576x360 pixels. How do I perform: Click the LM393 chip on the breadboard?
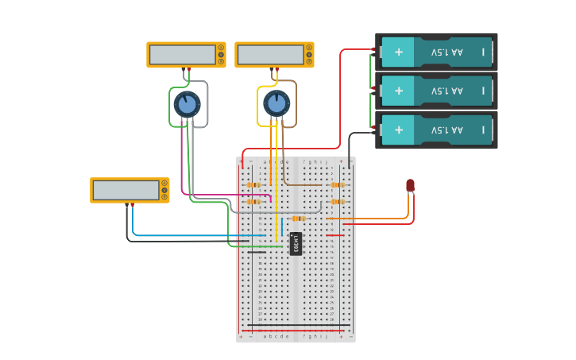(296, 244)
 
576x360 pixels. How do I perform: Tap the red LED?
(410, 186)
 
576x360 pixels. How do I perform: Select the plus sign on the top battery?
(399, 52)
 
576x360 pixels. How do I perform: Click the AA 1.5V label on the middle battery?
(446, 91)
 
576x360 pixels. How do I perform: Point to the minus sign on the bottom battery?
(482, 129)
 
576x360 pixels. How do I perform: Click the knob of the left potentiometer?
(187, 104)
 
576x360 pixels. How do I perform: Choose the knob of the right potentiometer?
(276, 103)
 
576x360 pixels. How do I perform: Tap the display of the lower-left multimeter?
(126, 190)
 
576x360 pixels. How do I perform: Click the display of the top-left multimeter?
(182, 55)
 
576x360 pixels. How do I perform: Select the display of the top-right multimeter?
(270, 55)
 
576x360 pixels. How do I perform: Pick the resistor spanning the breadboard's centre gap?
(298, 219)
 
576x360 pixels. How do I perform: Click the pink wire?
(182, 171)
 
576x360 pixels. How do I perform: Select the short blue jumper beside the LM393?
(281, 226)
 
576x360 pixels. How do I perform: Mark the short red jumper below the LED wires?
(334, 235)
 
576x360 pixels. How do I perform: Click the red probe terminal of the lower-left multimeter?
(132, 205)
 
